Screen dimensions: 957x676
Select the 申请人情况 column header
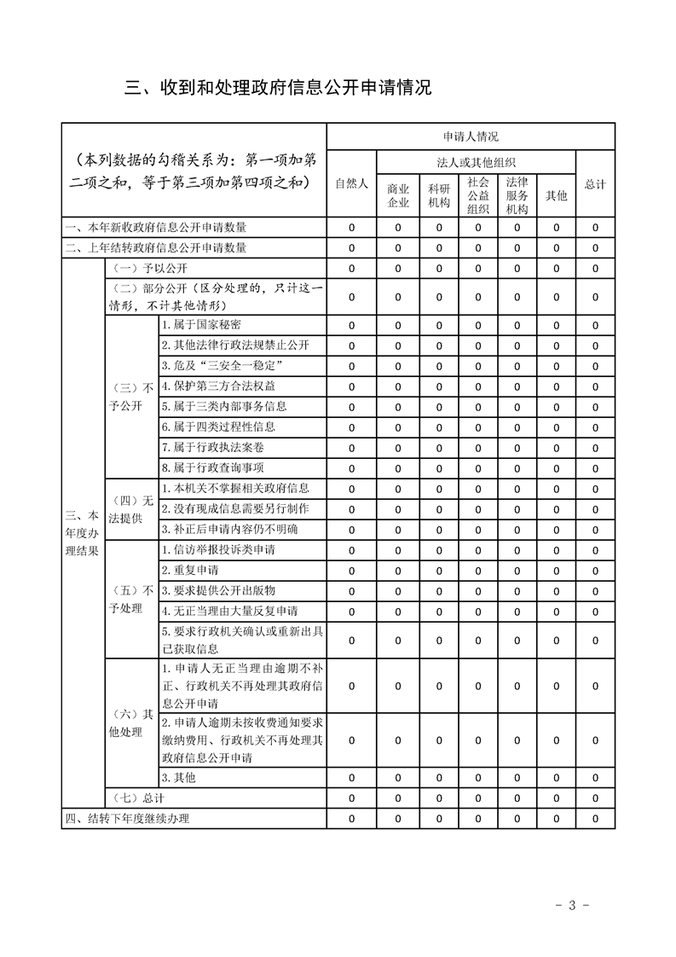pyautogui.click(x=471, y=136)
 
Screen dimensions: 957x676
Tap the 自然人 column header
pyautogui.click(x=351, y=183)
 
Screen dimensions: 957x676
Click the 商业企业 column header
pyautogui.click(x=398, y=195)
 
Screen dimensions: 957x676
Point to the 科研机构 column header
pyautogui.click(x=439, y=195)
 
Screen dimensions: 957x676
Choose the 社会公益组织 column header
pyautogui.click(x=478, y=195)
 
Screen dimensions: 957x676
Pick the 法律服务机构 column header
pyautogui.click(x=517, y=195)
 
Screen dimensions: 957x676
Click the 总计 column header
pyautogui.click(x=595, y=183)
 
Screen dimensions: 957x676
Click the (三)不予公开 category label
pyautogui.click(x=131, y=396)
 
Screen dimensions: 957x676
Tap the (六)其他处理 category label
pyautogui.click(x=131, y=723)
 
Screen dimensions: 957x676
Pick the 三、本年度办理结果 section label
pyautogui.click(x=82, y=533)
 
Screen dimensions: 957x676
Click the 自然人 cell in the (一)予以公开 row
pyautogui.click(x=351, y=269)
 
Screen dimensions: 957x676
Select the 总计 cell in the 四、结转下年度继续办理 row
pyautogui.click(x=595, y=819)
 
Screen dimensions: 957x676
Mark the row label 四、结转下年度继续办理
pyautogui.click(x=127, y=819)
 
